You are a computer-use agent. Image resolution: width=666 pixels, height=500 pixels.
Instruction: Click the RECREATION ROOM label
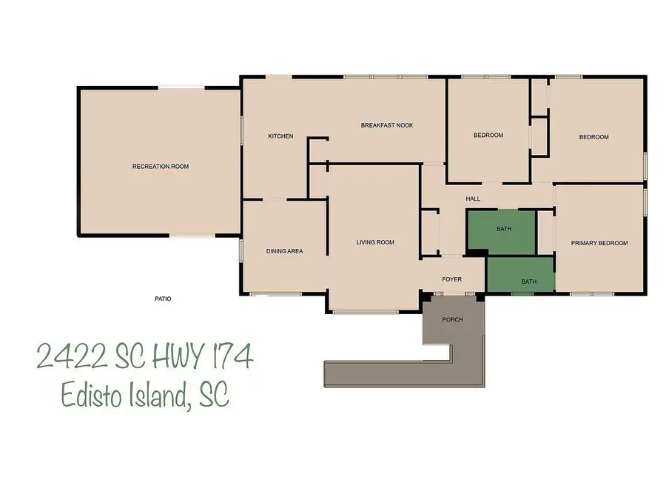[x=161, y=167]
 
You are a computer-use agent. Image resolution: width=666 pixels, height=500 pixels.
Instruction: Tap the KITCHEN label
[x=280, y=136]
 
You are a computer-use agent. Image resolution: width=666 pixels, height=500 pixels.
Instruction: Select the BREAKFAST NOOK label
[x=386, y=126]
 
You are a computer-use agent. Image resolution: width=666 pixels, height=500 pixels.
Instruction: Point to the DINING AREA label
[x=284, y=251]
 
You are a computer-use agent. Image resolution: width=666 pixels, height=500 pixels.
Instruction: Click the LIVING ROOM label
[x=375, y=242]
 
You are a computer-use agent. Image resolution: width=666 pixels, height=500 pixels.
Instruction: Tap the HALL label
[x=473, y=199]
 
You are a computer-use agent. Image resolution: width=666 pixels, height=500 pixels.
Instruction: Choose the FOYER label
[x=452, y=279]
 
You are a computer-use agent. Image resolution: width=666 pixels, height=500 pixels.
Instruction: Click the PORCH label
[x=452, y=319]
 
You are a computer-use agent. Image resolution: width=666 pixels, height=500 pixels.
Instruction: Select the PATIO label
[x=163, y=299]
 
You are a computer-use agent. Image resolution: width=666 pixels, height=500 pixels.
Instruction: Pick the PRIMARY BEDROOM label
[x=599, y=243]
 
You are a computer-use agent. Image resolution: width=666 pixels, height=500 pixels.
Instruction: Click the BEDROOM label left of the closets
[x=488, y=135]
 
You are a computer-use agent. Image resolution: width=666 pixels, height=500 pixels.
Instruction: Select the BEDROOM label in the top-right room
[x=593, y=137]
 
